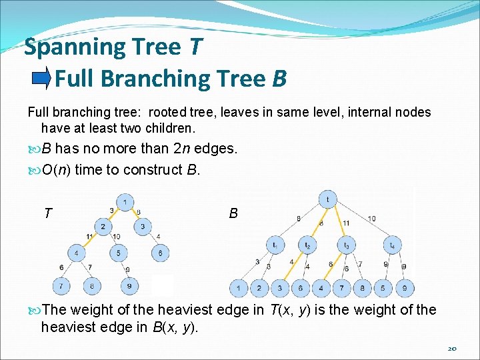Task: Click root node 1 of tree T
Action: [x=124, y=201]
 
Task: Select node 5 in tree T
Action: [x=118, y=253]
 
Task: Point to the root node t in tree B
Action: [x=327, y=199]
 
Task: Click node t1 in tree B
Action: [x=275, y=245]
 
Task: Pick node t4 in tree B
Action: [x=392, y=245]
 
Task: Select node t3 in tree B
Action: [x=347, y=245]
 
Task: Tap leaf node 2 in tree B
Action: [x=259, y=289]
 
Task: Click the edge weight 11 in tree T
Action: [x=89, y=237]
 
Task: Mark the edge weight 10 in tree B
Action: [x=371, y=219]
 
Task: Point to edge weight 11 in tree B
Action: [x=345, y=223]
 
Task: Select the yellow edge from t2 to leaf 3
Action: [x=293, y=267]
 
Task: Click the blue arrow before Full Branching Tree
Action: [x=41, y=79]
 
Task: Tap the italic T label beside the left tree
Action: [x=48, y=213]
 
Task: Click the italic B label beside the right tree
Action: [x=233, y=213]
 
